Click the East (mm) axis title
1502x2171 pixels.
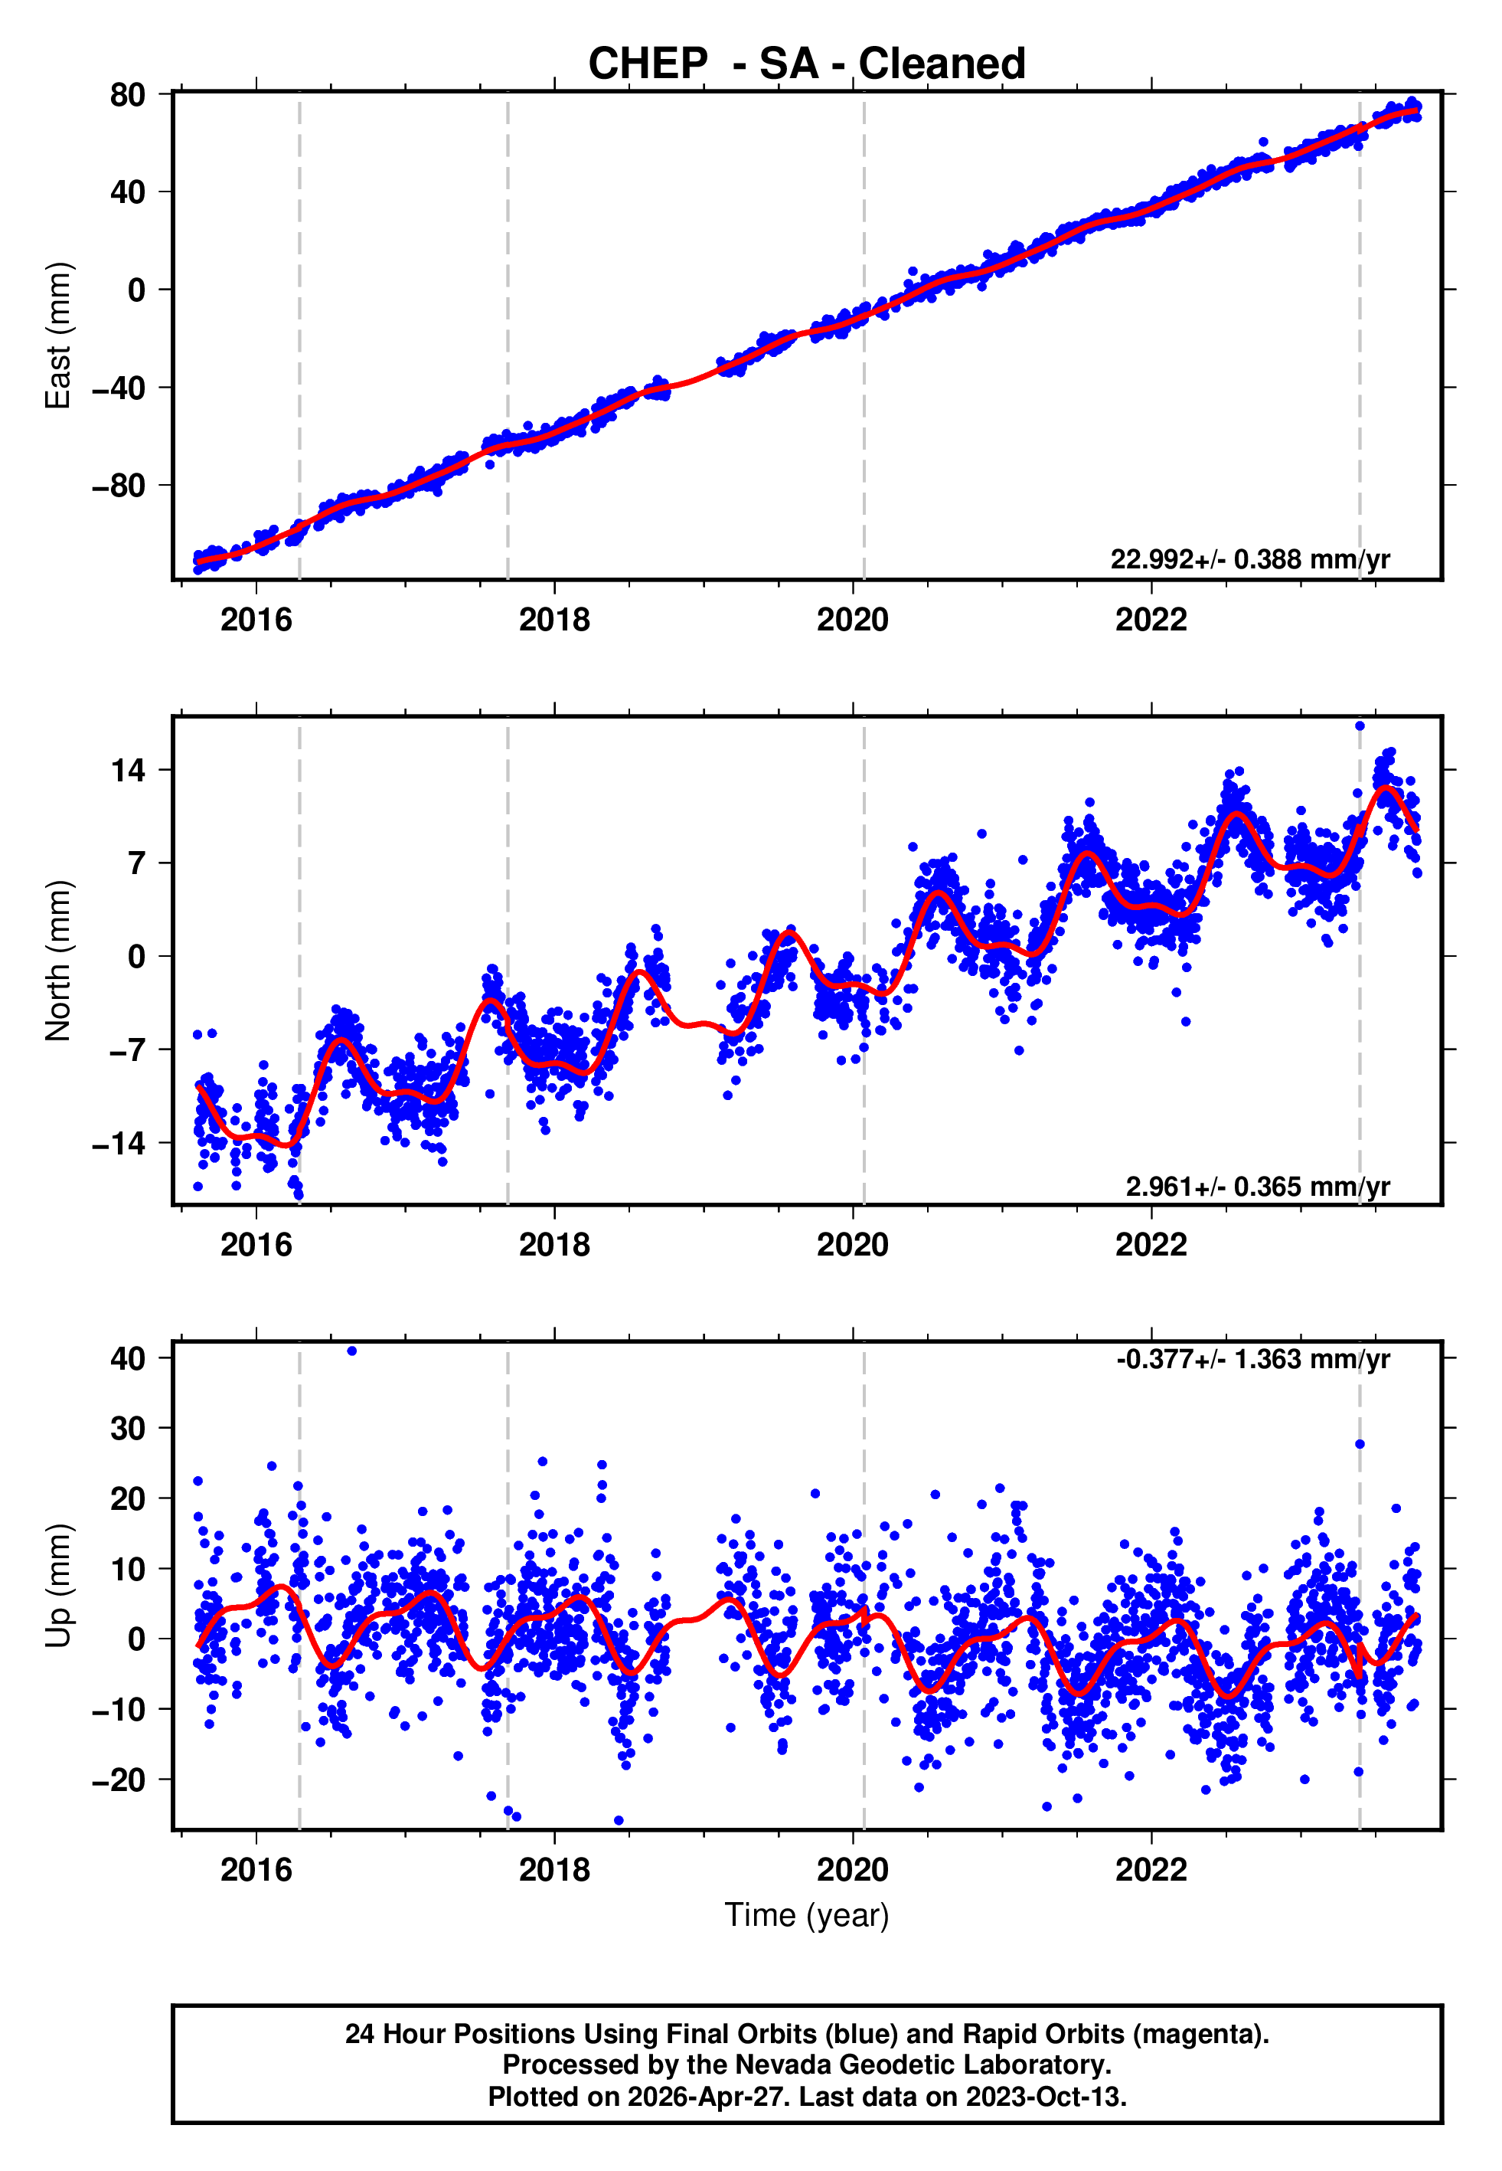pyautogui.click(x=57, y=336)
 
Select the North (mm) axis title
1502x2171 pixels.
pyautogui.click(x=57, y=961)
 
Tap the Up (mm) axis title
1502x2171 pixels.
pyautogui.click(x=57, y=1586)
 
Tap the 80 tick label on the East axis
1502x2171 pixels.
pyautogui.click(x=127, y=95)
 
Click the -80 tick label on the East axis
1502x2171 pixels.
pyautogui.click(x=119, y=486)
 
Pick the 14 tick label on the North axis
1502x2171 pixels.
pyautogui.click(x=128, y=770)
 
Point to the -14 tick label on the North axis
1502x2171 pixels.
pyautogui.click(x=119, y=1144)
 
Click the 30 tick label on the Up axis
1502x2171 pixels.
pyautogui.click(x=127, y=1428)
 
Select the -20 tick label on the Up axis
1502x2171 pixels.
pyautogui.click(x=119, y=1780)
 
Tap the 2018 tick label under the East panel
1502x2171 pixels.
pyautogui.click(x=554, y=620)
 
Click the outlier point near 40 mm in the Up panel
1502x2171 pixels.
pyautogui.click(x=352, y=1351)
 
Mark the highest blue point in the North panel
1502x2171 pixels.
pyautogui.click(x=1359, y=726)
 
